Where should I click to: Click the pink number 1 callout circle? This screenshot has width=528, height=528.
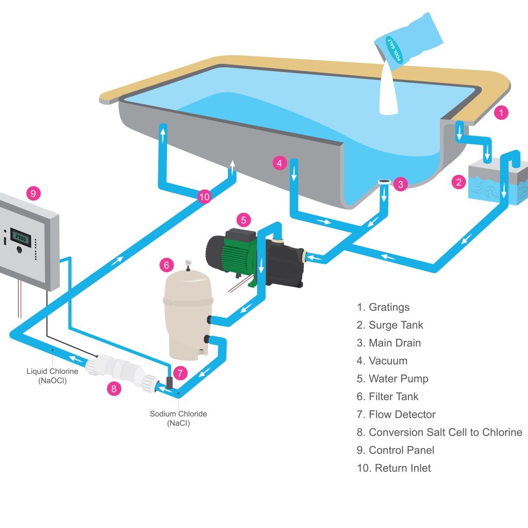coord(502,113)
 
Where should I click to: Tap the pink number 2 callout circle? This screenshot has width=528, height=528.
coord(458,182)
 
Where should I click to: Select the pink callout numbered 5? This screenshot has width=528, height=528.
coord(244,220)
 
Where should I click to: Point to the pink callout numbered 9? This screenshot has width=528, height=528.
coord(33,193)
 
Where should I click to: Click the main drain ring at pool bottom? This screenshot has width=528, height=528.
coord(384,182)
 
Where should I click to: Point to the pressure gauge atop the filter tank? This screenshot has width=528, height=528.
coord(188,263)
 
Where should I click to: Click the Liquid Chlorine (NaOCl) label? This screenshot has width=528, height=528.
coord(52,375)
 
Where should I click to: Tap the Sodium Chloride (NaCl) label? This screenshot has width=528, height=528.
coord(178,418)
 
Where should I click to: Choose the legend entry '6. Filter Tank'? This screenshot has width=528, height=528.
coord(387,397)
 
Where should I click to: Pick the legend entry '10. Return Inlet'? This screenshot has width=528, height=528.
coord(393,468)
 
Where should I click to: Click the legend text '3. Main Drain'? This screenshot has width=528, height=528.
coord(388,343)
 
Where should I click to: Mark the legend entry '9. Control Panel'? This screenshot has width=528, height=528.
coord(396,450)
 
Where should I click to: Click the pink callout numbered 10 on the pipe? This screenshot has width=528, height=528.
coord(205,196)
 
